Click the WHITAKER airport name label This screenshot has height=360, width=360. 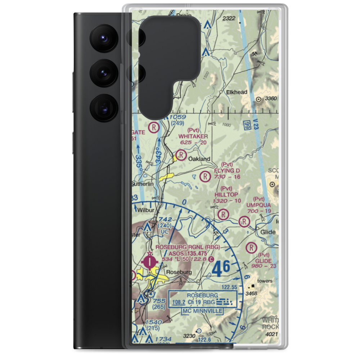193,136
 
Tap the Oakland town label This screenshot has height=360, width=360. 199,159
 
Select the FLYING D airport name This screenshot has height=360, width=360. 227,170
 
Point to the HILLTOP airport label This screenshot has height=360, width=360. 226,194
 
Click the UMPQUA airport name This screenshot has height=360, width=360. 258,205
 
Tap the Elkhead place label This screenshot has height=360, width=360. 237,92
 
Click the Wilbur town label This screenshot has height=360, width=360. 146,210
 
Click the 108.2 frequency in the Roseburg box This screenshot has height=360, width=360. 179,303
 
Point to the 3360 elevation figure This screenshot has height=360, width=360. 270,99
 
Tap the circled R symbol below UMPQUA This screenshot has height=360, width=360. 245,220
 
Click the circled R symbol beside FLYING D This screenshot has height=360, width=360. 205,176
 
